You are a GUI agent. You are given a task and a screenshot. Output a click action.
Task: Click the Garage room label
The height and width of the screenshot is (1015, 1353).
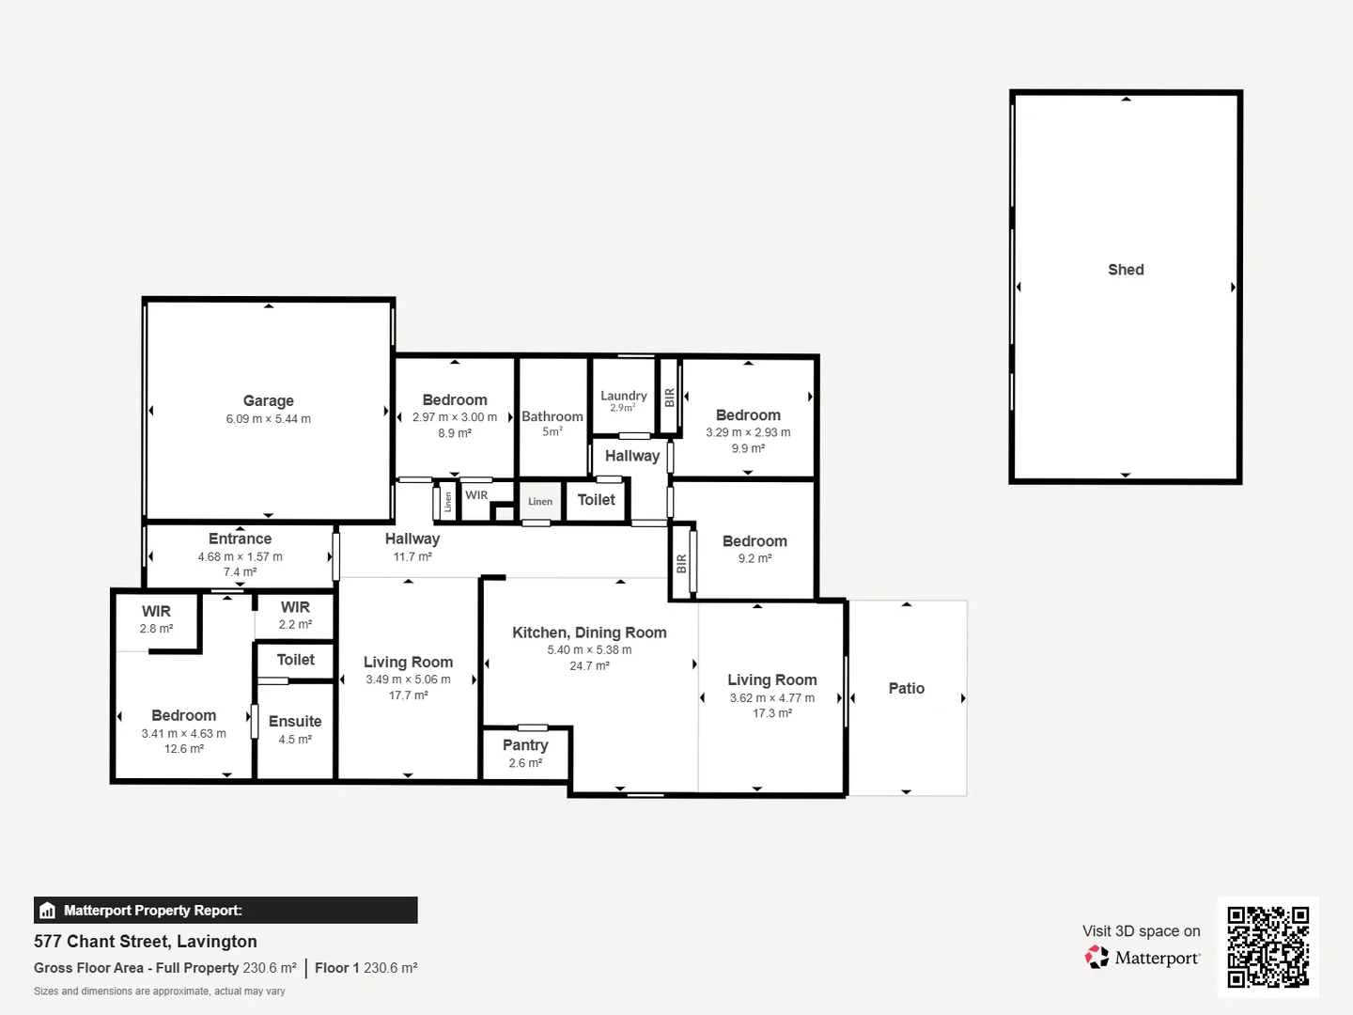(x=268, y=400)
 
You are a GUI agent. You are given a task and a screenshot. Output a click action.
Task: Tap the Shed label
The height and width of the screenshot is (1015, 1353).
(x=1126, y=270)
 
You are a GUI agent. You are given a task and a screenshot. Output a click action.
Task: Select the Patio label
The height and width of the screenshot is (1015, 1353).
(x=906, y=688)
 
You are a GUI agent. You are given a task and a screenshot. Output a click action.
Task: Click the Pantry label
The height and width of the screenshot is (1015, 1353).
(x=524, y=744)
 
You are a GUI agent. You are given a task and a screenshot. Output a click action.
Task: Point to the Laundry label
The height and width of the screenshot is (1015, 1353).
(x=624, y=396)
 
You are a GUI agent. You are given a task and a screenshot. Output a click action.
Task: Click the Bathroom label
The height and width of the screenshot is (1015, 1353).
(x=552, y=416)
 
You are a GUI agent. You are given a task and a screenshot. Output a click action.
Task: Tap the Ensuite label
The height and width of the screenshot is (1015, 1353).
(x=295, y=721)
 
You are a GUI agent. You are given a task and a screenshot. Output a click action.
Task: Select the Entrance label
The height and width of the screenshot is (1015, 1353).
(x=240, y=539)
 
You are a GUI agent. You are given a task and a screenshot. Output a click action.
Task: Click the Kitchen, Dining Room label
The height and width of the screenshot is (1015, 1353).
(x=589, y=632)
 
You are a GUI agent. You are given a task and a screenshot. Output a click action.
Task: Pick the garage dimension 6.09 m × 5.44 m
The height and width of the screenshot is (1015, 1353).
(x=268, y=419)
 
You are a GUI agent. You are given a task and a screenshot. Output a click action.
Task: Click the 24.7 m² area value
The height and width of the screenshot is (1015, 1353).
(x=589, y=665)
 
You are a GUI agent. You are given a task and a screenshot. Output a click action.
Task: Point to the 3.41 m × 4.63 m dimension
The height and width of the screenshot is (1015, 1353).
(x=183, y=733)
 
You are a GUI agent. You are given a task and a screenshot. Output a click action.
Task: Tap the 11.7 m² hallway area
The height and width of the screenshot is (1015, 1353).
(x=412, y=556)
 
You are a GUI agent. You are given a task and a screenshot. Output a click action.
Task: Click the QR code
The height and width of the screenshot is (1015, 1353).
(x=1267, y=946)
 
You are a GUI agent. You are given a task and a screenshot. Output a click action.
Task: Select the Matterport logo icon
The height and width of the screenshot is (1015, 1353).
(x=1096, y=958)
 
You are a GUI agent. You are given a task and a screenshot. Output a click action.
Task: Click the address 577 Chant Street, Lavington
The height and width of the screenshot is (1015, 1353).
(x=146, y=942)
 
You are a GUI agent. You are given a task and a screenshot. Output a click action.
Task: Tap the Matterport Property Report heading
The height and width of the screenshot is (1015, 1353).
(x=152, y=911)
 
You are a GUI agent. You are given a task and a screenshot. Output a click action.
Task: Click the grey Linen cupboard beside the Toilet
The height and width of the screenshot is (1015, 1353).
(x=540, y=501)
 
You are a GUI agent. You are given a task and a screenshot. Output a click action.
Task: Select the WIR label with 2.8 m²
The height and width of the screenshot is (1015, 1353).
(x=156, y=611)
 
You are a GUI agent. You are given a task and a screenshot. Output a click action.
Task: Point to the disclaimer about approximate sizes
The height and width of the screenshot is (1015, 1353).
(x=160, y=992)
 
